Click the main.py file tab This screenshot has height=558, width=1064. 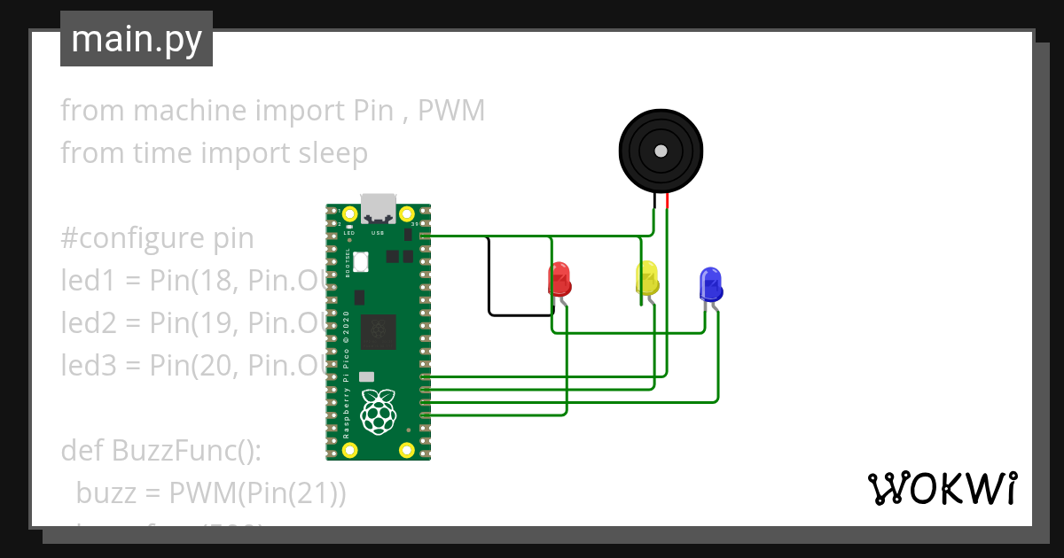point(136,39)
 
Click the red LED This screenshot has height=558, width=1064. point(559,279)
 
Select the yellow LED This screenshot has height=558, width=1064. point(647,278)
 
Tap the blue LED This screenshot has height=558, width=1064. point(710,283)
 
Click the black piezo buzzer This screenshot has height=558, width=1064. point(661,151)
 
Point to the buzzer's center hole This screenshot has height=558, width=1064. point(661,151)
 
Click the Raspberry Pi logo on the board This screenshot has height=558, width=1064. point(379,411)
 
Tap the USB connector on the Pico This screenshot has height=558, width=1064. point(379,208)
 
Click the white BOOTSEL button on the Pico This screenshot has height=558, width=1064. point(361,261)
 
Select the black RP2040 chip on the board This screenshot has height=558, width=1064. point(379,330)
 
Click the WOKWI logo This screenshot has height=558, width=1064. point(942,488)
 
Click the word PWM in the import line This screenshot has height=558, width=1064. point(451,111)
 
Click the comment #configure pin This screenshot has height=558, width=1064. point(157,238)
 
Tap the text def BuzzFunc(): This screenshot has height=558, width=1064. point(160,450)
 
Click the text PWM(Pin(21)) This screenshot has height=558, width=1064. point(257,492)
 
